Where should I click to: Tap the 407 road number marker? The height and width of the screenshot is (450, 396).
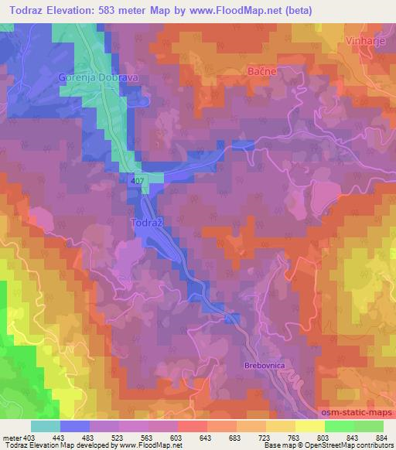click(138, 180)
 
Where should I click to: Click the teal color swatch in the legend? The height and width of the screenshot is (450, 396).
click(46, 425)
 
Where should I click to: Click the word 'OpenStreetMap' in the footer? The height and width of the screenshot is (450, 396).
click(326, 445)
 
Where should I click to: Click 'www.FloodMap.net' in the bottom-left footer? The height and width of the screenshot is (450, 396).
click(150, 445)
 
